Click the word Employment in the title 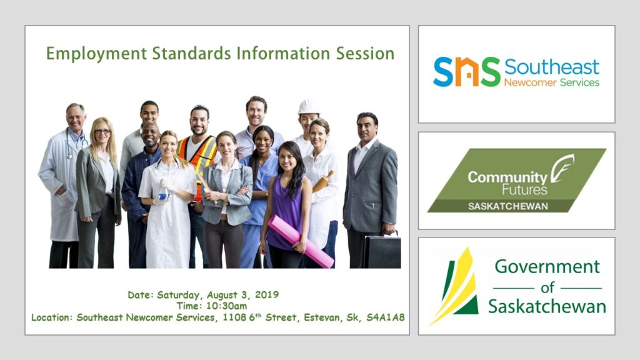coord(96,54)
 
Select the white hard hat coord(308,107)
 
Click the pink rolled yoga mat coord(301,241)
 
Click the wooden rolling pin coord(323,181)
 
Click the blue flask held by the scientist coord(163,192)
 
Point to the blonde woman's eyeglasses coord(102,131)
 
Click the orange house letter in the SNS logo coord(466,72)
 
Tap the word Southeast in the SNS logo coord(551,67)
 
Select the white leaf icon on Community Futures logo coord(562,168)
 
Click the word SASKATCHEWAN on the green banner coord(507,206)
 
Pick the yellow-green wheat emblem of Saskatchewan coord(455,286)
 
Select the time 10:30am coord(226,306)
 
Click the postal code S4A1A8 coord(385,317)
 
